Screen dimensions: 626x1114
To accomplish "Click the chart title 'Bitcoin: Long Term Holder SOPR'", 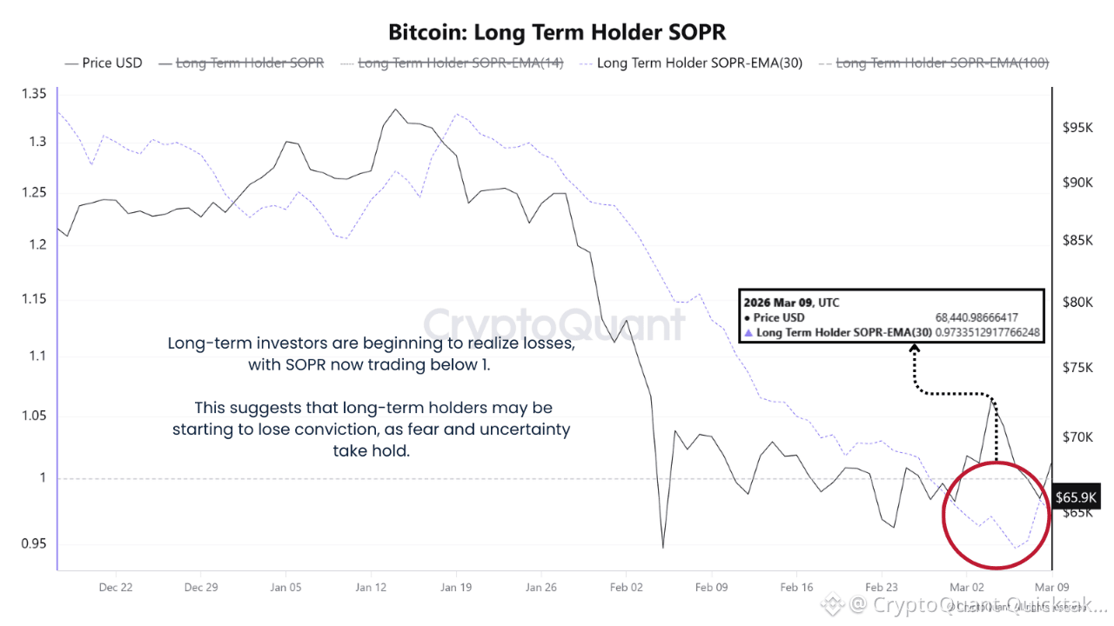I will (557, 32).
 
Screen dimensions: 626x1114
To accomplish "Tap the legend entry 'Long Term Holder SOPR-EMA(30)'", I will (700, 63).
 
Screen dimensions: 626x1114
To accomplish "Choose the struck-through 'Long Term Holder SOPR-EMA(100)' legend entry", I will (943, 63).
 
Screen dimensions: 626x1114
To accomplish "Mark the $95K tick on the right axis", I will (1077, 127).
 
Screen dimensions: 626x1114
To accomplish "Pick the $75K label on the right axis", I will (1077, 367).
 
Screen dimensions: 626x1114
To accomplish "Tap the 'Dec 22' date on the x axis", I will (116, 587).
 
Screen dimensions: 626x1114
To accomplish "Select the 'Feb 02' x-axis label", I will (627, 587).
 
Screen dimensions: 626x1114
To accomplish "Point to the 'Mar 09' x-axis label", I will (1051, 587).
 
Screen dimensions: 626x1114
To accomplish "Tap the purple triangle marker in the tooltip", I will (748, 332).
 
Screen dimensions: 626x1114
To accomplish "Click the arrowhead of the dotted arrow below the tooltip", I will (915, 350).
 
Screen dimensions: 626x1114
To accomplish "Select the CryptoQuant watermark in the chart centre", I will (554, 324).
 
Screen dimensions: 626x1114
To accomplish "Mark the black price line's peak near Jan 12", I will (396, 110).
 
